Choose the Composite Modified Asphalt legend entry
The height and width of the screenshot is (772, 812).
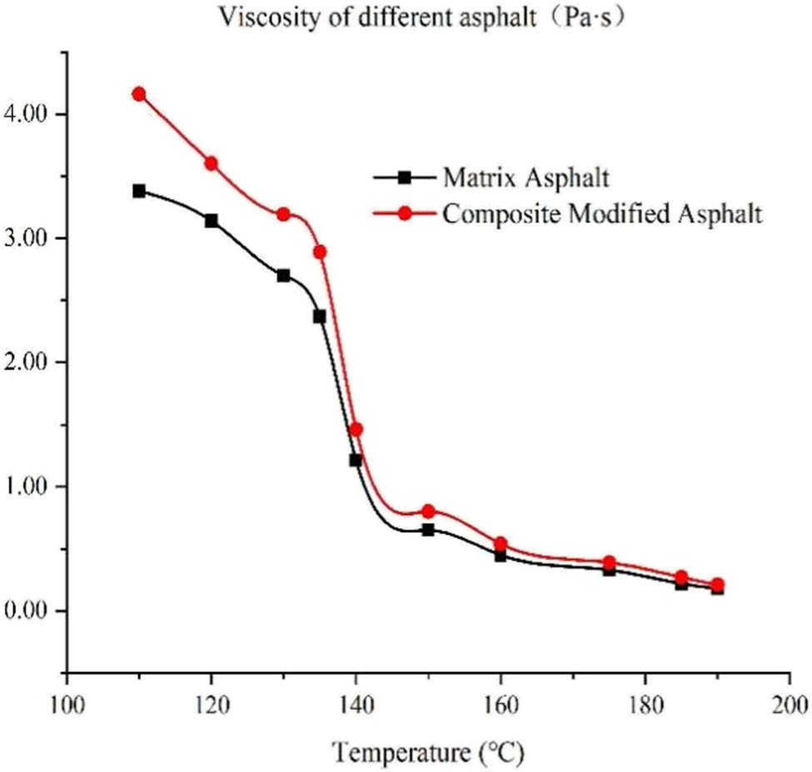click(601, 214)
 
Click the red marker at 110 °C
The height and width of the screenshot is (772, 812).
click(139, 94)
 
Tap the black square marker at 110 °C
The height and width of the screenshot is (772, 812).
click(139, 191)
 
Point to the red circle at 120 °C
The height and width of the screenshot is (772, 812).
click(211, 163)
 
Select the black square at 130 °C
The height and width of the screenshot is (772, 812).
click(283, 276)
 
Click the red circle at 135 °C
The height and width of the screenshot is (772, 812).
click(320, 252)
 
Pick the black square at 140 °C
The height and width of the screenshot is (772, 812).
click(356, 460)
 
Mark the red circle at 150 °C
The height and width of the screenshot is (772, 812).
click(428, 511)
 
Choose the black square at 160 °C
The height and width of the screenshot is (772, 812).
click(501, 555)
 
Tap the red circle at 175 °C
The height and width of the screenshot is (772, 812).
click(609, 563)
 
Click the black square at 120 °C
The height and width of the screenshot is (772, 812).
click(211, 221)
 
